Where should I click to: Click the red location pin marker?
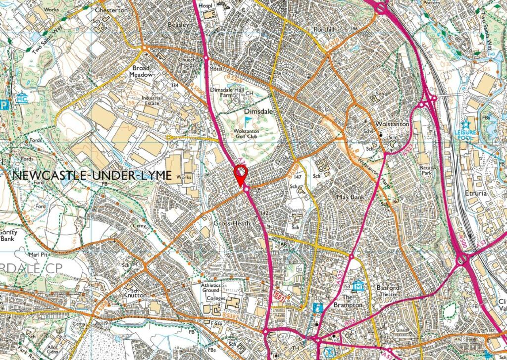240,174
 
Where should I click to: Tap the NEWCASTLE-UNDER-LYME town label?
91,175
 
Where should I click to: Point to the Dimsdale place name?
258,112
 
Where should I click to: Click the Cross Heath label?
231,224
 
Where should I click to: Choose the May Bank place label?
350,197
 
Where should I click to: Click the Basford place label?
387,287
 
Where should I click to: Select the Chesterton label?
111,10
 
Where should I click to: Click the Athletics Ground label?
214,288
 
